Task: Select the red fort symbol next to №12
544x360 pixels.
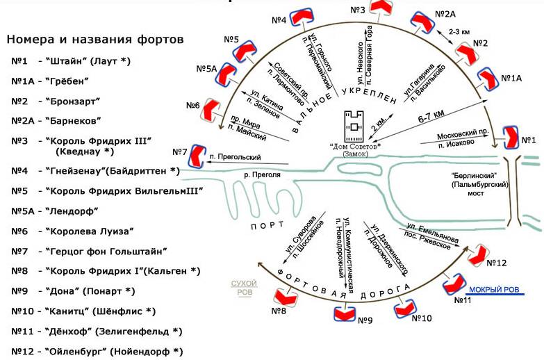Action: pyautogui.click(x=479, y=255)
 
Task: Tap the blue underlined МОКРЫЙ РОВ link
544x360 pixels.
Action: pyautogui.click(x=496, y=291)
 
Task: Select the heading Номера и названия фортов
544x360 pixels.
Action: pyautogui.click(x=94, y=39)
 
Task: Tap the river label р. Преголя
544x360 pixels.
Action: pyautogui.click(x=261, y=175)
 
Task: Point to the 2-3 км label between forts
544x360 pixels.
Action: pyautogui.click(x=460, y=31)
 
